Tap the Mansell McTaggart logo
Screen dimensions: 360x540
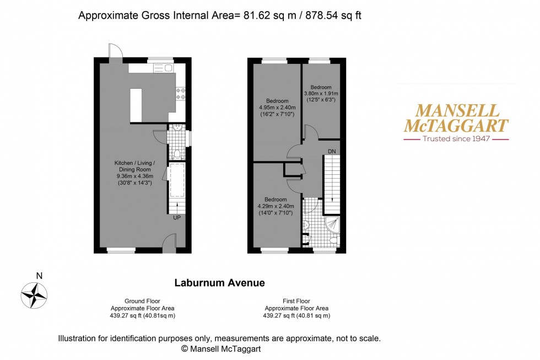[x=456, y=118]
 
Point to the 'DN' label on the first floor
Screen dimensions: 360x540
[x=332, y=151]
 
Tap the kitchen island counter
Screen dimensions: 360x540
[x=136, y=105]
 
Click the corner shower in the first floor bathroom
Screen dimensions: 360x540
[x=333, y=224]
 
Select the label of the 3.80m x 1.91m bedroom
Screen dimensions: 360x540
[x=321, y=87]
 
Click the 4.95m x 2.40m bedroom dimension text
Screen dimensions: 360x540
[x=277, y=108]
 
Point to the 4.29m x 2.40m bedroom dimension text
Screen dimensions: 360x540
[x=276, y=206]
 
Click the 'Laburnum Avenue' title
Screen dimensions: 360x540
[x=220, y=283]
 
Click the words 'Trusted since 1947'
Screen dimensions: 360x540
[x=456, y=139]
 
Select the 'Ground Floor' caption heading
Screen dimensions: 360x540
[x=143, y=301]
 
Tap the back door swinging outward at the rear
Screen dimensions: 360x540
[x=115, y=51]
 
